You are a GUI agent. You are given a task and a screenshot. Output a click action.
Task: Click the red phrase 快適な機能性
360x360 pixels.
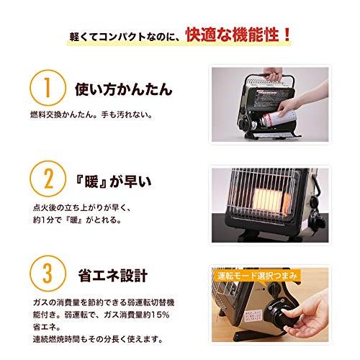coord(233,35)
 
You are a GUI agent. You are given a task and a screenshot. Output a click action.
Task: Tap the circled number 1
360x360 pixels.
coord(48,88)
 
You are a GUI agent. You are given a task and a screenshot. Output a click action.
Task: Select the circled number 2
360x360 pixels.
coord(48,179)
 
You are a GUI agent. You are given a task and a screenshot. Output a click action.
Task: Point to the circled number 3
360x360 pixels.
coord(48,274)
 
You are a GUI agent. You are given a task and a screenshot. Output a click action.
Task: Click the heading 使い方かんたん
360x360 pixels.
coord(124,89)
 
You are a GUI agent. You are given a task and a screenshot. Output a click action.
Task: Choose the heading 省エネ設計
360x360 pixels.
coord(113,275)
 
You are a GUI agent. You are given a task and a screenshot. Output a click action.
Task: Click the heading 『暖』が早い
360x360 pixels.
coord(113,181)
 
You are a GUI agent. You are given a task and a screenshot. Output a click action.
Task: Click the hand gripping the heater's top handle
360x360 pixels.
coord(273,73)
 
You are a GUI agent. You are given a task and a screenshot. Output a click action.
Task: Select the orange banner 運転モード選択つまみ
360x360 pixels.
coord(257,276)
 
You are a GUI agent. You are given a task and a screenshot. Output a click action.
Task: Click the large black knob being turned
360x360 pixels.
coord(282,311)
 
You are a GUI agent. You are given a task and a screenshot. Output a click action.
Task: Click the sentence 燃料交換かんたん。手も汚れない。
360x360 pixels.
coord(91,114)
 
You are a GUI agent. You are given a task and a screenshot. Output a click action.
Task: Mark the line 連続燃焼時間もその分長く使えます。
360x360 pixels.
coord(98,339)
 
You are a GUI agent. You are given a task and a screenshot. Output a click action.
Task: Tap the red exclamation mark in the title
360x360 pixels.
coord(286,35)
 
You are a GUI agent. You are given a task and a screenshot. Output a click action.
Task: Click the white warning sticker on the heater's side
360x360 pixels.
coord(254,315)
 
